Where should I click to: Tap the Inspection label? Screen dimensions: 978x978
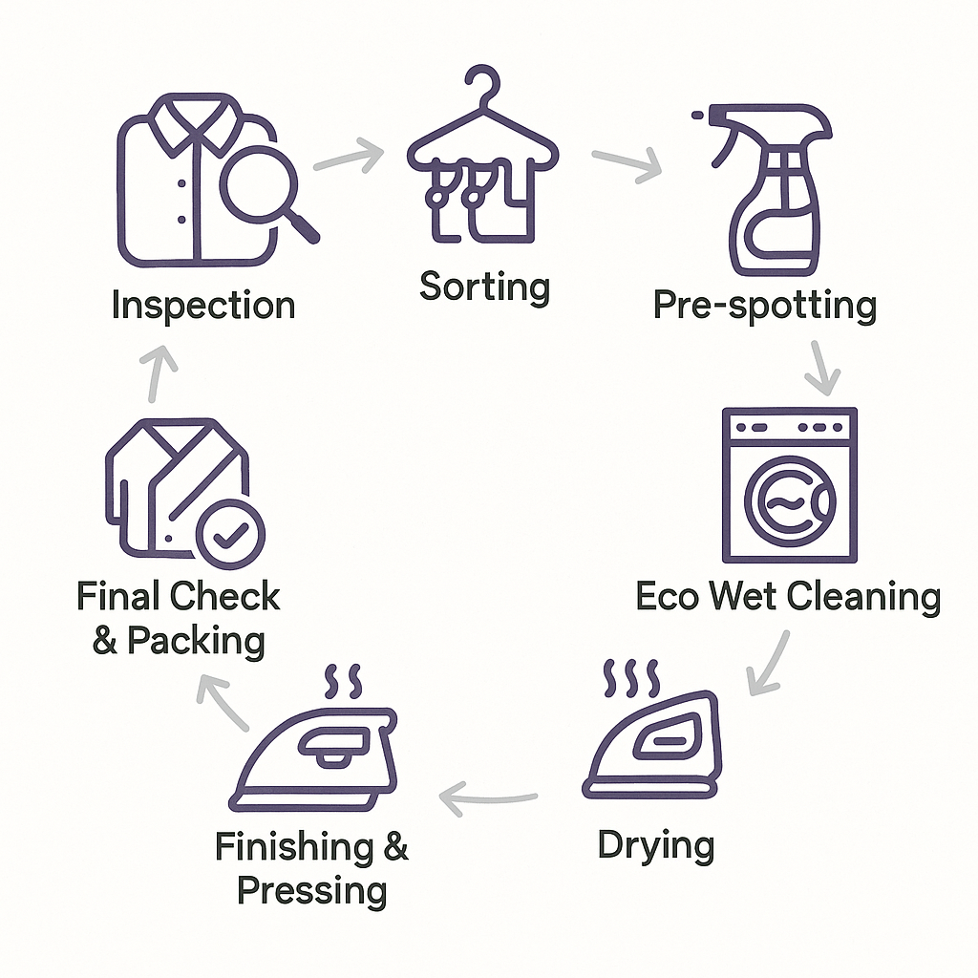click(x=202, y=307)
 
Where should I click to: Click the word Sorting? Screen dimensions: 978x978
click(x=484, y=287)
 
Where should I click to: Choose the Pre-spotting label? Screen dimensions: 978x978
click(x=764, y=307)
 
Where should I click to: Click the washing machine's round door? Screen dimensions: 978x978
click(x=790, y=501)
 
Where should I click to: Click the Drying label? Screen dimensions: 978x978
click(x=655, y=846)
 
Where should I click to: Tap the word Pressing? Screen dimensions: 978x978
click(x=311, y=890)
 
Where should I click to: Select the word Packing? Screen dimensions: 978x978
click(x=195, y=640)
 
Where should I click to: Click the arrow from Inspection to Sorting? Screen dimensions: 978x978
click(x=350, y=155)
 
